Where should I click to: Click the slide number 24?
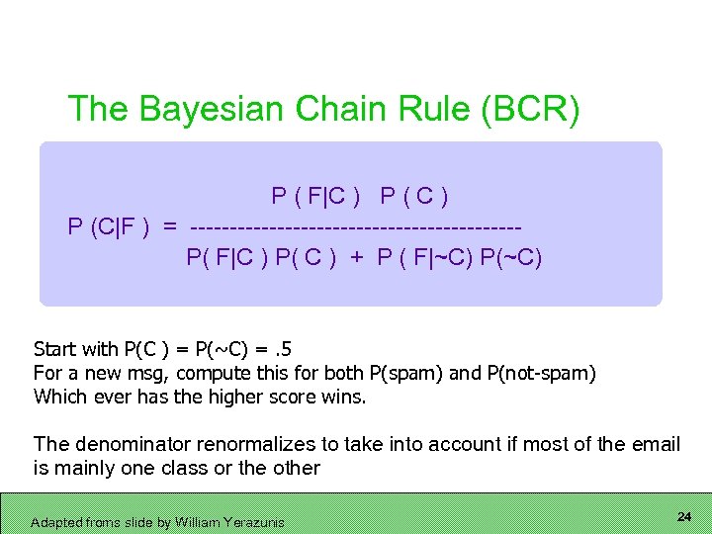click(683, 517)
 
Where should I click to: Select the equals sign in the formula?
click(171, 226)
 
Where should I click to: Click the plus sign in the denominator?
click(354, 258)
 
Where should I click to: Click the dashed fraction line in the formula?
click(355, 227)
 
